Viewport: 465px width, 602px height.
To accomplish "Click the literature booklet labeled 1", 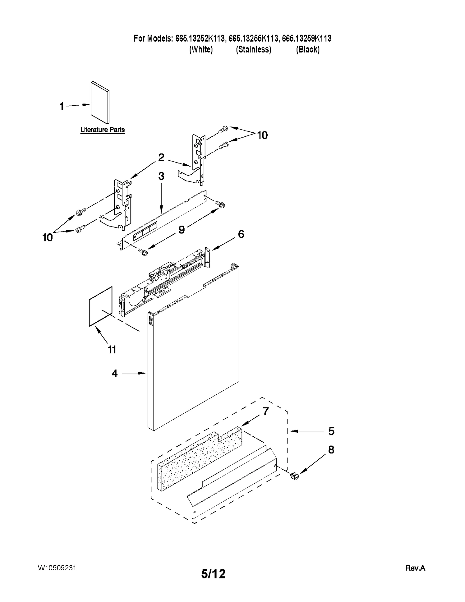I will pyautogui.click(x=100, y=102).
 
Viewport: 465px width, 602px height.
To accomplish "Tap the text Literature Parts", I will pyautogui.click(x=102, y=130).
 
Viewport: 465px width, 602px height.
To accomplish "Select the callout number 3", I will pyautogui.click(x=161, y=176).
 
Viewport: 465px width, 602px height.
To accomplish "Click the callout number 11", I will pyautogui.click(x=112, y=350).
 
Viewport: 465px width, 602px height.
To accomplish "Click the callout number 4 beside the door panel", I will pyautogui.click(x=115, y=373).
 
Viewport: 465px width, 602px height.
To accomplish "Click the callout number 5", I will pyautogui.click(x=331, y=431).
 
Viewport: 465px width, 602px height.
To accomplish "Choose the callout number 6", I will pyautogui.click(x=241, y=234).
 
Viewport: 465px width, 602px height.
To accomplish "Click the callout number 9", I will pyautogui.click(x=181, y=230).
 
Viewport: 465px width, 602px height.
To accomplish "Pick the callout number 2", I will pyautogui.click(x=161, y=158).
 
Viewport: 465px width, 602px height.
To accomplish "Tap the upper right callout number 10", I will pyautogui.click(x=262, y=135).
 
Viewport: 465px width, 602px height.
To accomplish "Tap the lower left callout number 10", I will pyautogui.click(x=48, y=238).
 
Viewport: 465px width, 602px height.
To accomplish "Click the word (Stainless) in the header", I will pyautogui.click(x=253, y=50).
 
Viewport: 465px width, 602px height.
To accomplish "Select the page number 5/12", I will pyautogui.click(x=213, y=574).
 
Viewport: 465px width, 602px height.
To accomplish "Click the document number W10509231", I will pyautogui.click(x=57, y=568).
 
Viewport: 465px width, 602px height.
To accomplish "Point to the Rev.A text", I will pyautogui.click(x=415, y=568).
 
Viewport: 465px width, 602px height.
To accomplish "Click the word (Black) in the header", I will pyautogui.click(x=308, y=50).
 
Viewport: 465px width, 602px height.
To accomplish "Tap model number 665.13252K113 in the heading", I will pyautogui.click(x=200, y=38).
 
